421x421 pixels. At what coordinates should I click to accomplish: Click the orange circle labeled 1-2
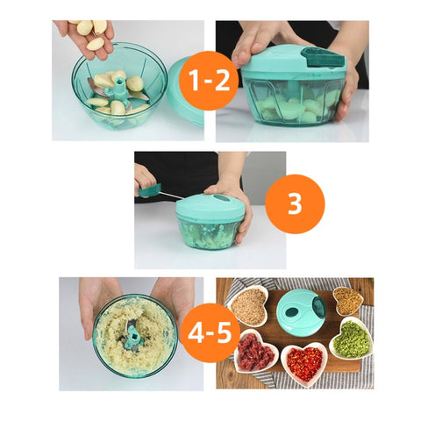[x=209, y=81]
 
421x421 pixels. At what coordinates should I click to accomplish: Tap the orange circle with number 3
[x=295, y=203]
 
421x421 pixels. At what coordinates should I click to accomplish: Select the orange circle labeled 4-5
[x=210, y=332]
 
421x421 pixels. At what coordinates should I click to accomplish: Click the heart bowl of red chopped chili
[x=304, y=364]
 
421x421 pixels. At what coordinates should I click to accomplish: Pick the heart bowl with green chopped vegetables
[x=352, y=339]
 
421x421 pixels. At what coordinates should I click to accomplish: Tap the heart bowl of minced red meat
[x=256, y=351]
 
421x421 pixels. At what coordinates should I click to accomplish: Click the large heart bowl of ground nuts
[x=249, y=305]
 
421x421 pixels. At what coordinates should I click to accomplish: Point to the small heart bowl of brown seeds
[x=348, y=301]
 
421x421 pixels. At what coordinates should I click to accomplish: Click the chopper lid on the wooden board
[x=301, y=313]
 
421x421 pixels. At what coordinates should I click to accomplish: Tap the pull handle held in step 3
[x=150, y=190]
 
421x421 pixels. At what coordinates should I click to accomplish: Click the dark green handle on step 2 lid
[x=323, y=56]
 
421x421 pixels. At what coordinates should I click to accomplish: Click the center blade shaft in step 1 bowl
[x=120, y=89]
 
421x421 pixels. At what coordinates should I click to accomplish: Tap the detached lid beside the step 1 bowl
[x=185, y=91]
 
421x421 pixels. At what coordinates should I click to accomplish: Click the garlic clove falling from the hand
[x=96, y=44]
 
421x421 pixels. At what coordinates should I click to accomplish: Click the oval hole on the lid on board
[x=292, y=311]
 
